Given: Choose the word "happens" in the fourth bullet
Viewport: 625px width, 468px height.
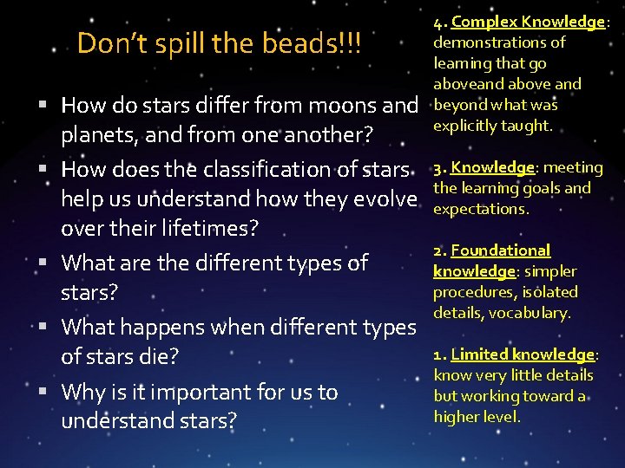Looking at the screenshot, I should pyautogui.click(x=176, y=327).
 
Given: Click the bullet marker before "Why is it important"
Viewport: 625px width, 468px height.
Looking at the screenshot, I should pyautogui.click(x=43, y=391).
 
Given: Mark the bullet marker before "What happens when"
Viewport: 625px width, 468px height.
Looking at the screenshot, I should pyautogui.click(x=43, y=326).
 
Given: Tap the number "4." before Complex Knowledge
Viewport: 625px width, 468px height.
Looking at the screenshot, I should pyautogui.click(x=440, y=22).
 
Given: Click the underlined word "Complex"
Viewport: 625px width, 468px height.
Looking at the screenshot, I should pyautogui.click(x=483, y=22).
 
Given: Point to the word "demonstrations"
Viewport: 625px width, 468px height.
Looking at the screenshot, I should pyautogui.click(x=499, y=42).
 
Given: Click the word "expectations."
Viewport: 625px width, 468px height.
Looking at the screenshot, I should pyautogui.click(x=481, y=209).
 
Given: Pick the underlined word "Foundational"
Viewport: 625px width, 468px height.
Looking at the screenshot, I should pyautogui.click(x=501, y=250).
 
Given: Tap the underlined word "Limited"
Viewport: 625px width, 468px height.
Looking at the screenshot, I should pyautogui.click(x=479, y=354).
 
